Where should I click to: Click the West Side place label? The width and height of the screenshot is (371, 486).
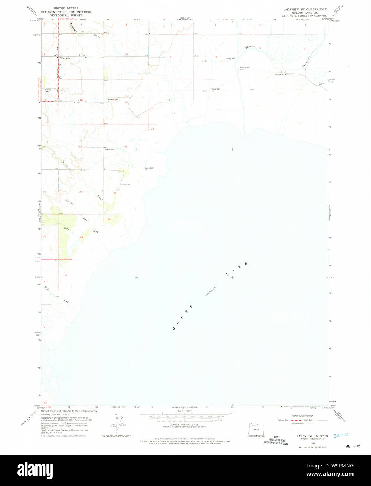tap(65, 58)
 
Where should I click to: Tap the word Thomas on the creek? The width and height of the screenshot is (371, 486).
tap(250, 47)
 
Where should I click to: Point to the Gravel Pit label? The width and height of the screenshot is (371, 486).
tap(126, 185)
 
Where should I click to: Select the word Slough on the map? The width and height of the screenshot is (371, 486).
tap(85, 219)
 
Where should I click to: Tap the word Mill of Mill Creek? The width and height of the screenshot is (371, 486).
tap(66, 229)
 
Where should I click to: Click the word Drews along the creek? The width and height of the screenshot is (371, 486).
tap(65, 163)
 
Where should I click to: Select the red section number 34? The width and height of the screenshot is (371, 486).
tap(109, 219)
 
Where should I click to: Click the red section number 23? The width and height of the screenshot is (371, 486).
tap(152, 129)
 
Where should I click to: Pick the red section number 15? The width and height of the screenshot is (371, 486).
tap(126, 102)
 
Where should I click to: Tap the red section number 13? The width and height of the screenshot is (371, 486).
tap(204, 91)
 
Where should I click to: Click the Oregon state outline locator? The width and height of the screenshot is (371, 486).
tap(256, 429)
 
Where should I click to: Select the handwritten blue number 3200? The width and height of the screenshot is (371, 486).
tap(341, 435)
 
